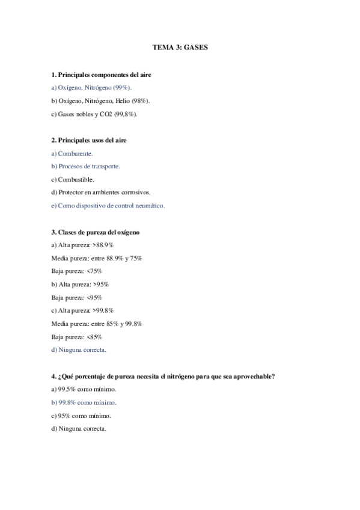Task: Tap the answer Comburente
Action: point(76,153)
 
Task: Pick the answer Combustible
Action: point(76,179)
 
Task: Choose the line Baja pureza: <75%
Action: point(77,271)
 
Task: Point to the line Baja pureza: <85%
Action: point(77,337)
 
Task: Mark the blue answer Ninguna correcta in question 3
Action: point(82,349)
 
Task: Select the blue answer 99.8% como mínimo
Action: point(84,402)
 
